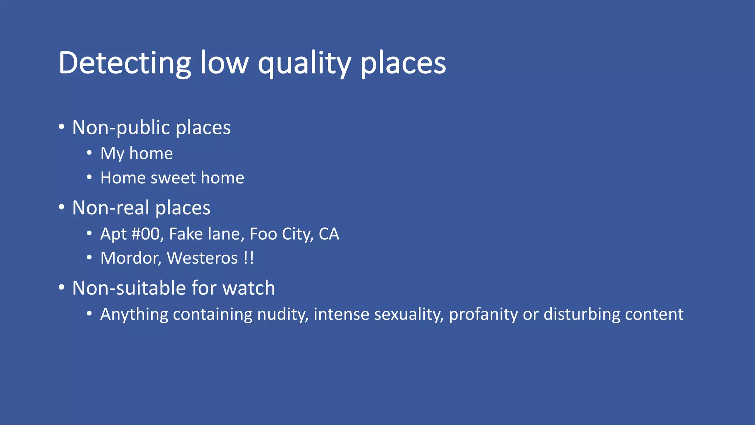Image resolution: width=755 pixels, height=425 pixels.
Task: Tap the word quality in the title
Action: click(304, 63)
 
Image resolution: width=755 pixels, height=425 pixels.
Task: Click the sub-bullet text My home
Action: click(136, 153)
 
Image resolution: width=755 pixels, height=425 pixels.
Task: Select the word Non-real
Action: click(111, 208)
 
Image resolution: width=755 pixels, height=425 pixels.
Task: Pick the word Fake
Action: click(186, 234)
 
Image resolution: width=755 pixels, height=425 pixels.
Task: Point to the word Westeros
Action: click(202, 258)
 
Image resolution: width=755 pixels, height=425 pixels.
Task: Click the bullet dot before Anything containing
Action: click(89, 314)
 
